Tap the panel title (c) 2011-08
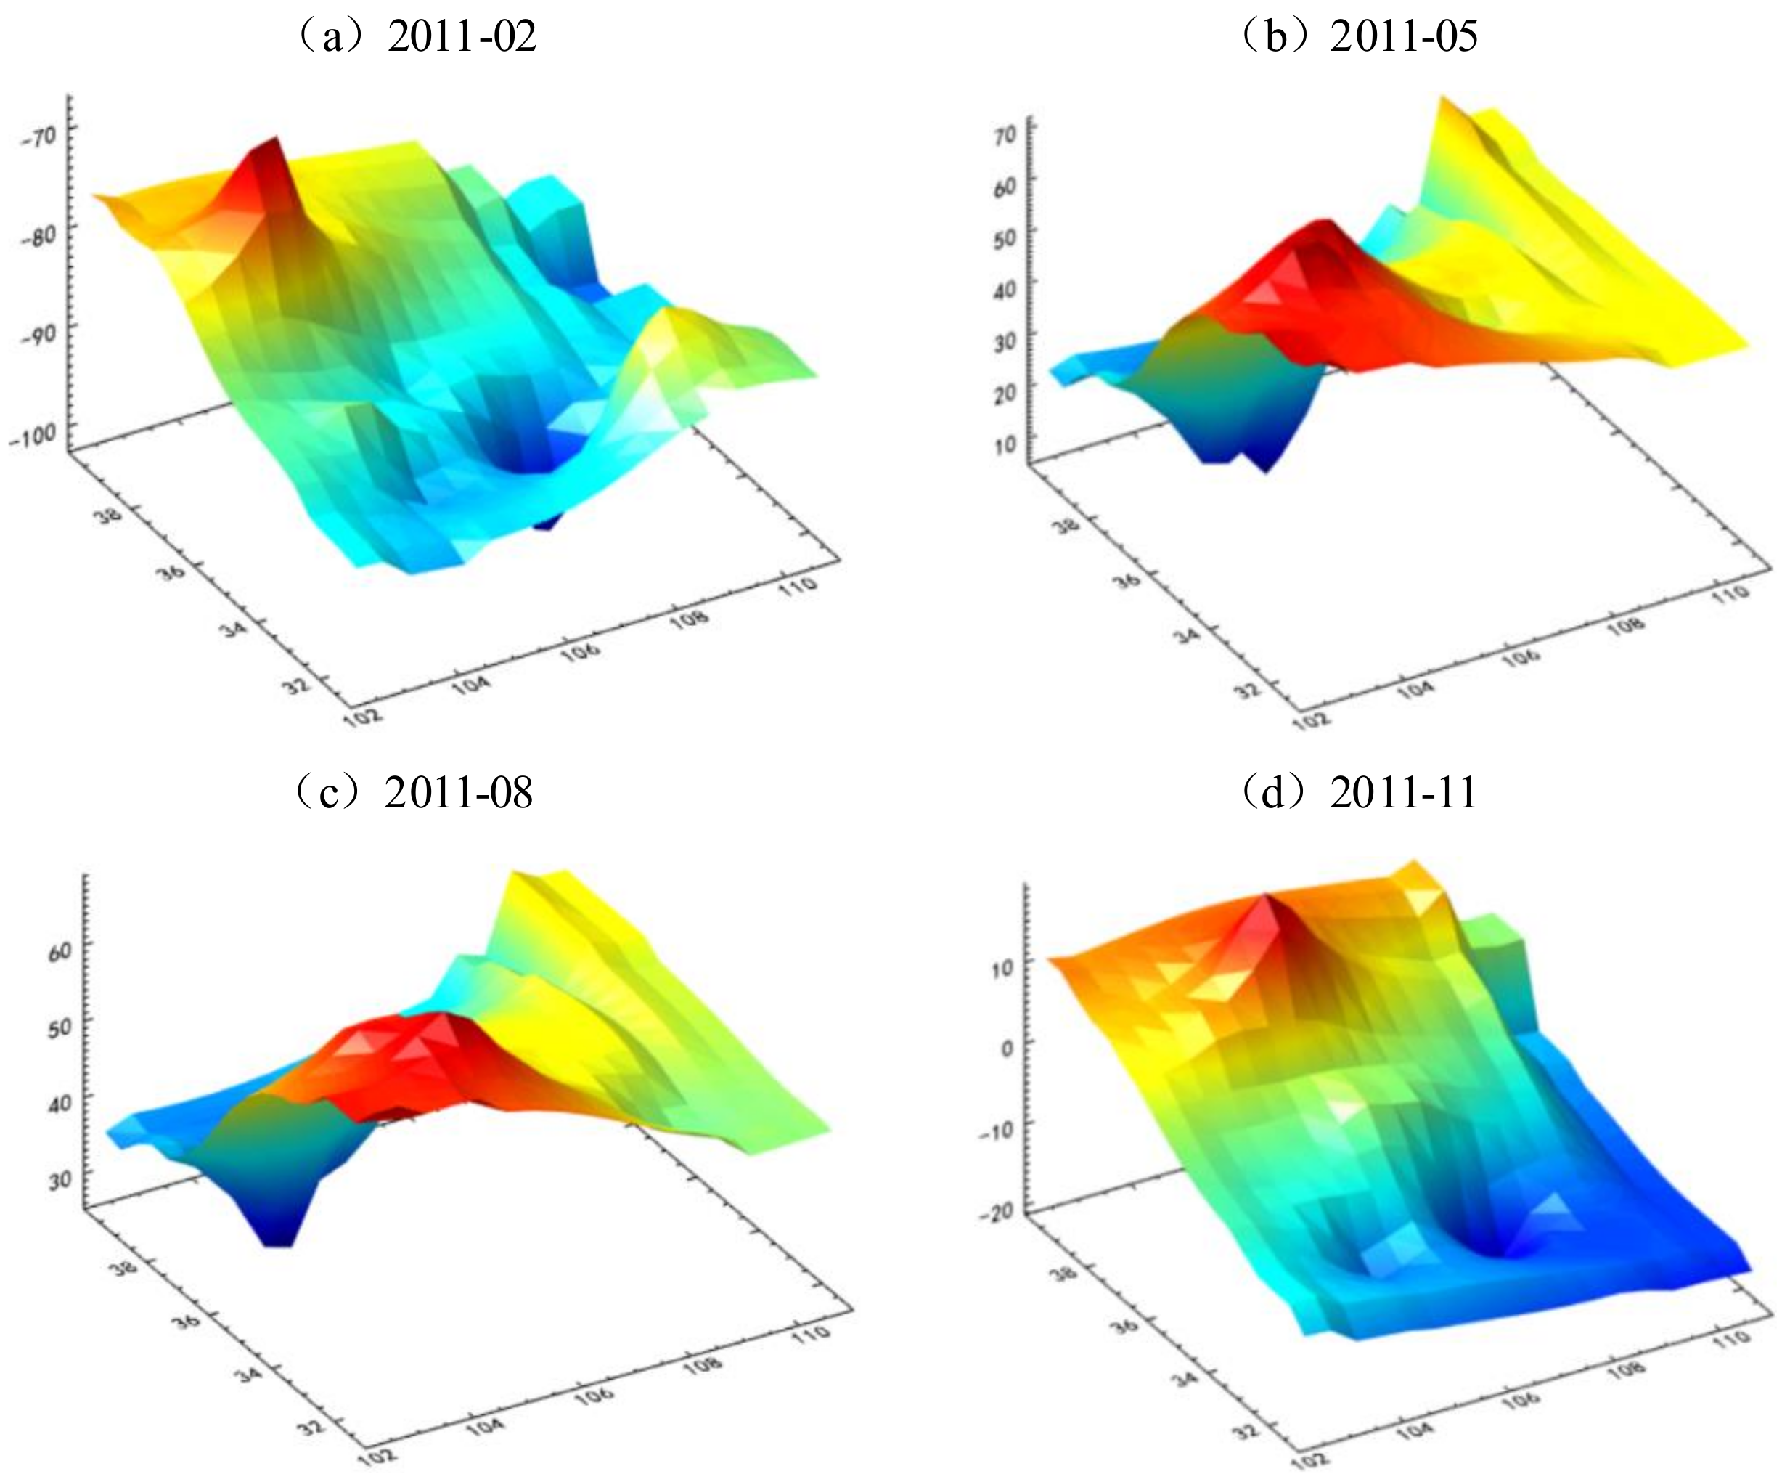414,793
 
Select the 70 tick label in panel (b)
1005,137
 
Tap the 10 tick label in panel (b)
1005,446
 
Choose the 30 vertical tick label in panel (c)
60,1179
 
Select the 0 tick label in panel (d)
1006,1046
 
